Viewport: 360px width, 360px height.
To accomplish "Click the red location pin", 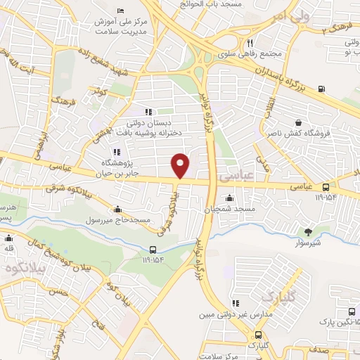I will coord(181,166).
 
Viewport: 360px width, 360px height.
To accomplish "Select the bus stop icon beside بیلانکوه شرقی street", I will coord(153,250).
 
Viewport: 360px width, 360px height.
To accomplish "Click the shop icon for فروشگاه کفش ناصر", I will coord(300,122).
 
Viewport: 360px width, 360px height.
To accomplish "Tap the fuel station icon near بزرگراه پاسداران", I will coord(321,89).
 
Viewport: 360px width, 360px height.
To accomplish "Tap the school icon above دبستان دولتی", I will coord(148,112).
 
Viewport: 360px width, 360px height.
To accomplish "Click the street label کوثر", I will coord(98,91).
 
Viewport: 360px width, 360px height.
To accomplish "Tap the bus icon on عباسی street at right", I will coord(326,187).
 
